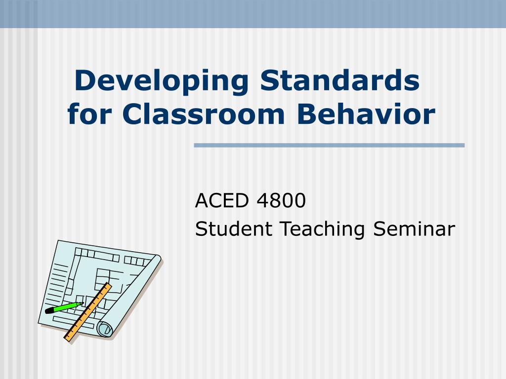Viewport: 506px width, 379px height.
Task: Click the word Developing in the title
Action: pyautogui.click(x=162, y=82)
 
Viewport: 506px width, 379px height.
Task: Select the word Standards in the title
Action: pyautogui.click(x=340, y=80)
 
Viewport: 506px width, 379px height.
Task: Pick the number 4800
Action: pyautogui.click(x=281, y=200)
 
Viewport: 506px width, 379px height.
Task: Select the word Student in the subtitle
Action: pyautogui.click(x=234, y=228)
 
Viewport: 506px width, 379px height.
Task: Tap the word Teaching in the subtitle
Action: pyautogui.click(x=322, y=229)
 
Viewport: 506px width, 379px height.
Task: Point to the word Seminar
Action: pyautogui.click(x=414, y=228)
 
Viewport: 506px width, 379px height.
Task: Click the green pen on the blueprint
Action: pyautogui.click(x=64, y=307)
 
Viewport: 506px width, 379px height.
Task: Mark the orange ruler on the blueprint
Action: pyautogui.click(x=88, y=312)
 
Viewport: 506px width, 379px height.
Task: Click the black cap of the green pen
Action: pyautogui.click(x=49, y=310)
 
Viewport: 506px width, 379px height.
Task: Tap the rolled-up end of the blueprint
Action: pyautogui.click(x=105, y=329)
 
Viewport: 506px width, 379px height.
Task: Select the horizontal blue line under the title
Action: pyautogui.click(x=329, y=146)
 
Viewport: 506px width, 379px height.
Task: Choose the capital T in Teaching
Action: pyautogui.click(x=287, y=229)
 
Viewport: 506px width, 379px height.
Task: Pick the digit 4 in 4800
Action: pyautogui.click(x=263, y=200)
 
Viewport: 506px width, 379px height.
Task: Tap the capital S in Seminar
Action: pyautogui.click(x=379, y=229)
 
